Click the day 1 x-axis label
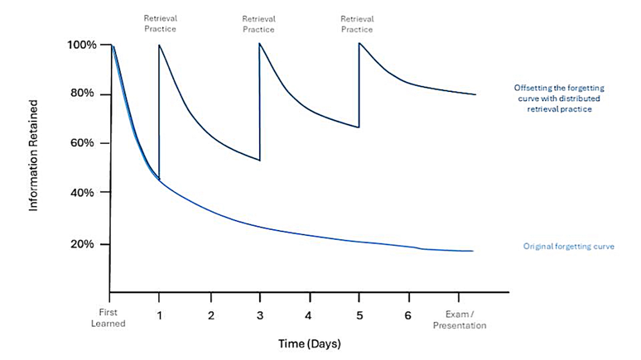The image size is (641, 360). (x=159, y=314)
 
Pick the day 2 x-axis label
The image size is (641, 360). (x=210, y=314)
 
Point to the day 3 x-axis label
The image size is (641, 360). (x=259, y=314)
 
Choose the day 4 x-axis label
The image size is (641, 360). (x=308, y=314)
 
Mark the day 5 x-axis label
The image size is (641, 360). (x=358, y=314)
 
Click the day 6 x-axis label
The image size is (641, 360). (x=407, y=314)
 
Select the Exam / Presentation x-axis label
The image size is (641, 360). (x=463, y=319)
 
